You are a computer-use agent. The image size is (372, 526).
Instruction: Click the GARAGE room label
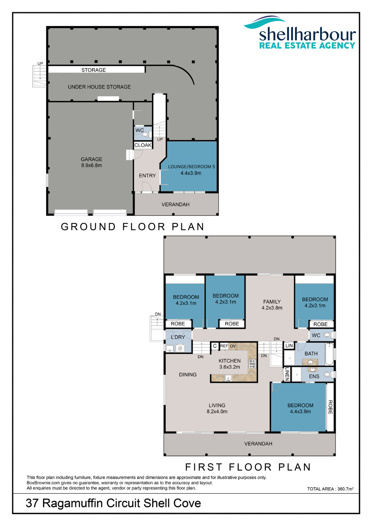[x=91, y=159]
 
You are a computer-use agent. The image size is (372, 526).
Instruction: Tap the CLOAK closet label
[x=143, y=145]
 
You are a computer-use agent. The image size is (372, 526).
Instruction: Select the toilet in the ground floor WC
[x=146, y=134]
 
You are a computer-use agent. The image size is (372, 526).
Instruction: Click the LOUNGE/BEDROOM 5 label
[x=191, y=167]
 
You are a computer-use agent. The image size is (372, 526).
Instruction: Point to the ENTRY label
[x=147, y=175]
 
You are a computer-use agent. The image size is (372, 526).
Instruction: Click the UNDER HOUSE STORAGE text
[x=99, y=87]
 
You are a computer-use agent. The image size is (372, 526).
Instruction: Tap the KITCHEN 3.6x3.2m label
[x=230, y=364]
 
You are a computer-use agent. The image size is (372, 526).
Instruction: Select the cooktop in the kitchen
[x=252, y=364]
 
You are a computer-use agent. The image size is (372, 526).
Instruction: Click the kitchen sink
[x=228, y=378]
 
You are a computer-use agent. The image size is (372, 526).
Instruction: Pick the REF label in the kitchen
[x=224, y=346]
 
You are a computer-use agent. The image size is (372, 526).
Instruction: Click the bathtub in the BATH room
[x=329, y=354]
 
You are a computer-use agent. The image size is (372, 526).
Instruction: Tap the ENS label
[x=314, y=376]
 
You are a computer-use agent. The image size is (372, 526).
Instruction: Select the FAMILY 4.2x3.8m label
[x=272, y=304]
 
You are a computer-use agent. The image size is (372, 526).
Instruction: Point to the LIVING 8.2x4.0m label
[x=217, y=408]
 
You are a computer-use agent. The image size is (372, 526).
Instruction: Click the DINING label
[x=188, y=375]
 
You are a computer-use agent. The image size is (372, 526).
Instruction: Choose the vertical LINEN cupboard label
[x=287, y=374]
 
